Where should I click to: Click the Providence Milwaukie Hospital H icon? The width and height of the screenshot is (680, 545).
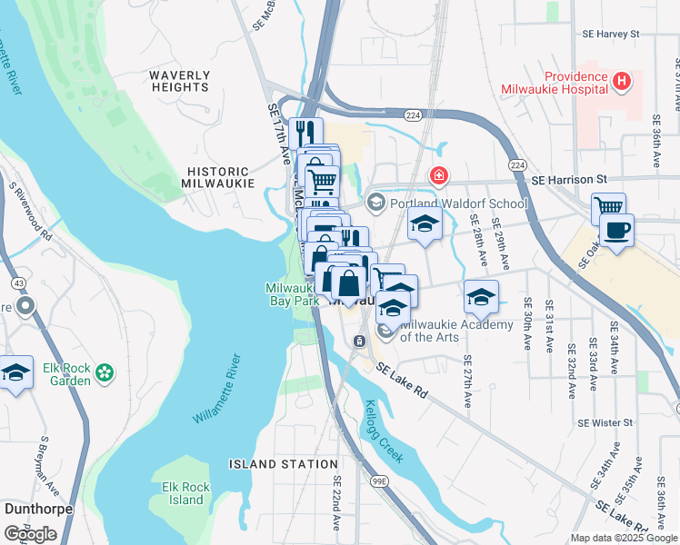622,82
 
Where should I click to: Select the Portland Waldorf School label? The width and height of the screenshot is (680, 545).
459,203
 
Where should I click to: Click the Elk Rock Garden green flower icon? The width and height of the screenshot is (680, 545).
105,371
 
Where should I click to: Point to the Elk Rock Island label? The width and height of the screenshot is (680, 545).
185,493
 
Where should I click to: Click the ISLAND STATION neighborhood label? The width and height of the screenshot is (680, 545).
283,464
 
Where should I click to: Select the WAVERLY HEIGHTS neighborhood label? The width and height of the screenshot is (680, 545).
180,81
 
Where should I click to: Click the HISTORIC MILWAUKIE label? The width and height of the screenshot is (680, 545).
217,177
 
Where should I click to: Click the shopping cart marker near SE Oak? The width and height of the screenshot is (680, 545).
608,208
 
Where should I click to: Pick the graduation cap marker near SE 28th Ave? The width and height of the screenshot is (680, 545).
481,295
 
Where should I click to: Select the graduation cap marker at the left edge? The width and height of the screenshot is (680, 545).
15,372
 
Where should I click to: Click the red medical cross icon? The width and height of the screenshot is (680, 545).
439,175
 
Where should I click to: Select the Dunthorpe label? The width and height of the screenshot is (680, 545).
38,509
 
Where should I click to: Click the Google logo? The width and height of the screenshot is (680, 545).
30,534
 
